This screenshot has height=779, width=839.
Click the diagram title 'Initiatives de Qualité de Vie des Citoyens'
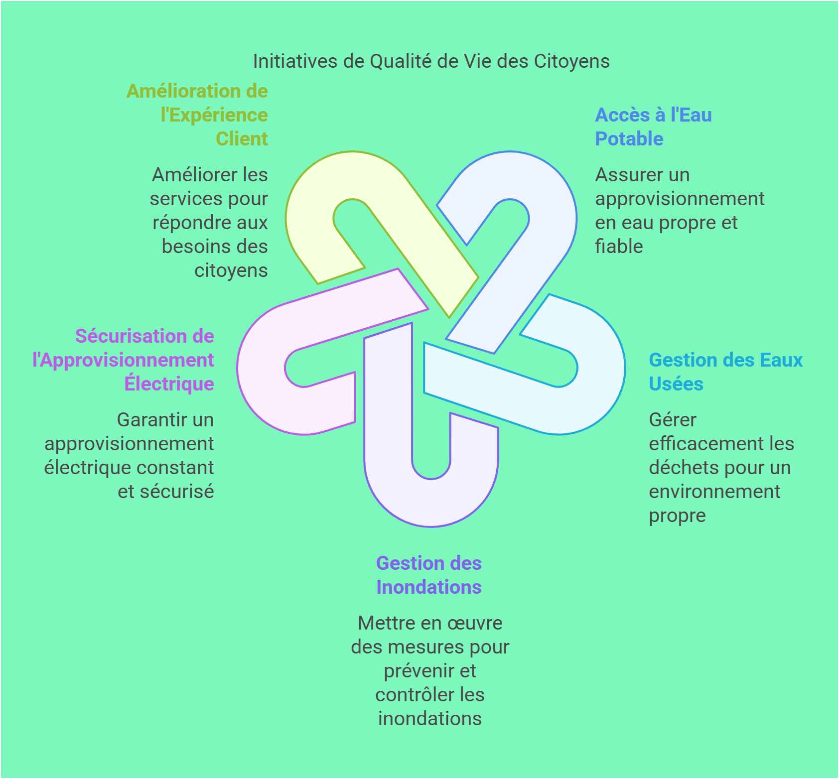(431, 61)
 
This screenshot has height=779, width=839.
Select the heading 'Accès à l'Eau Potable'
(653, 127)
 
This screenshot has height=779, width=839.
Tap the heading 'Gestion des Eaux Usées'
(725, 372)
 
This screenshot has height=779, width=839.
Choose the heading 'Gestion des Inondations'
(429, 575)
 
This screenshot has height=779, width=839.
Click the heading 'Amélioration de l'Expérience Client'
(197, 115)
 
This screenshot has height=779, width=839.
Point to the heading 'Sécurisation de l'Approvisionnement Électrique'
(123, 360)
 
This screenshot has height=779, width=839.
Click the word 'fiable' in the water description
(619, 246)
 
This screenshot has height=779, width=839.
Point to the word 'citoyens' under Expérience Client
(231, 270)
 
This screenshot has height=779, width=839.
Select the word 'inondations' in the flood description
(430, 719)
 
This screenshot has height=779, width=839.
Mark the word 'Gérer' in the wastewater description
(673, 420)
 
